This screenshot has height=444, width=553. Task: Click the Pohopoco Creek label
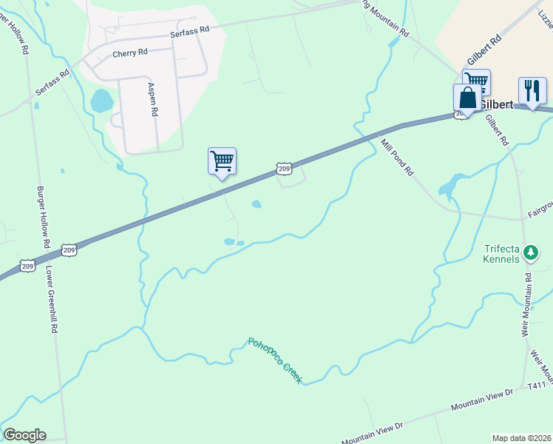(x=276, y=360)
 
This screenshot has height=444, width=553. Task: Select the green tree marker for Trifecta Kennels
(x=530, y=253)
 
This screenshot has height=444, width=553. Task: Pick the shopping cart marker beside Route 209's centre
(x=222, y=161)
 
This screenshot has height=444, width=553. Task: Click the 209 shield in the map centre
(x=285, y=169)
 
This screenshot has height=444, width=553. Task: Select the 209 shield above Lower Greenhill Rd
(x=68, y=249)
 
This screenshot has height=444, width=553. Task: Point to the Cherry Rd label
(x=130, y=54)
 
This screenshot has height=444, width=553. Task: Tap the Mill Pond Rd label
(x=397, y=156)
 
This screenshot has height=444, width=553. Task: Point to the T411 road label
(x=537, y=386)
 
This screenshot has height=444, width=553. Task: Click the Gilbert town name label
(x=497, y=104)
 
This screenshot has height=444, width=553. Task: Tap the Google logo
(x=24, y=435)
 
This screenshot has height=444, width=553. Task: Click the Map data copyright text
(x=520, y=438)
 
